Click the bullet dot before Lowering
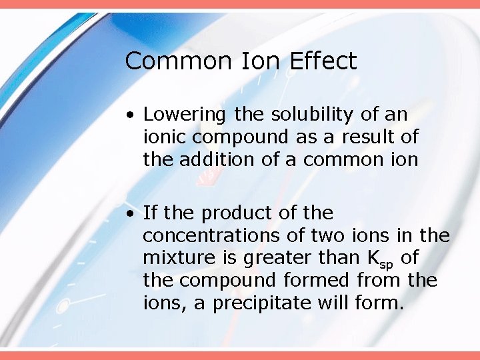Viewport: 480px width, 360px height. tap(133, 115)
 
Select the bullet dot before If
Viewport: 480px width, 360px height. tap(133, 214)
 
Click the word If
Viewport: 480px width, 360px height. tap(150, 213)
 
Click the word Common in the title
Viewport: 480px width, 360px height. tap(175, 61)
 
